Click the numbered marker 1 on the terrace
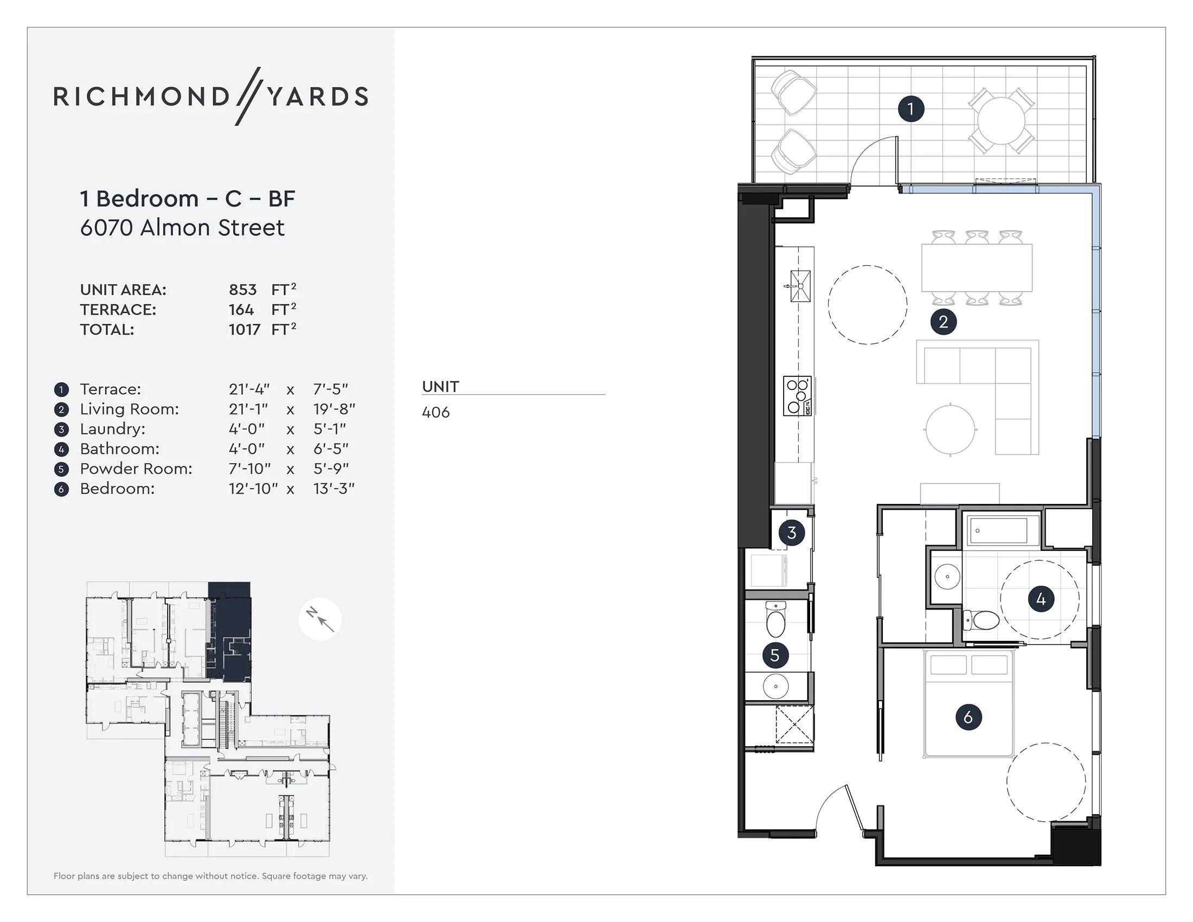click(x=910, y=108)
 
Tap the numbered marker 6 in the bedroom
click(x=968, y=716)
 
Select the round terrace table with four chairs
click(x=1000, y=121)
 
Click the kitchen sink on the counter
click(x=800, y=286)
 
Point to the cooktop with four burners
click(x=797, y=396)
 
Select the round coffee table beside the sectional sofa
click(x=951, y=429)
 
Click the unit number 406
click(x=435, y=412)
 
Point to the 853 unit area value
click(x=242, y=290)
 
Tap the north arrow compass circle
click(x=320, y=619)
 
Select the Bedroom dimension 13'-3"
click(x=333, y=488)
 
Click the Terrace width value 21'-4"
click(x=249, y=389)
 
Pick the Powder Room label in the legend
click(x=136, y=469)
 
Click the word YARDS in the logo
click(x=317, y=97)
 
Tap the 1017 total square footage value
click(x=244, y=329)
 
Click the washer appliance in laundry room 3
click(x=769, y=570)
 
